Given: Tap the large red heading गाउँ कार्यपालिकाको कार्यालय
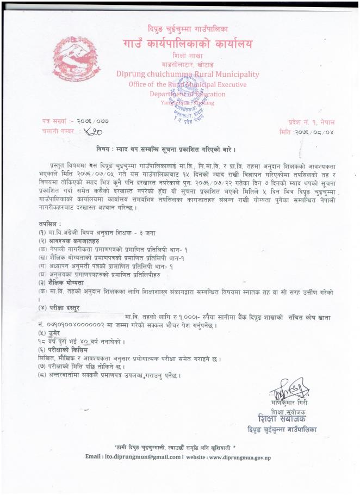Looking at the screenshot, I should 188,44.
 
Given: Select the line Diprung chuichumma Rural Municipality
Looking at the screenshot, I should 188,74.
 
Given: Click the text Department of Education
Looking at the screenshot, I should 188,94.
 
